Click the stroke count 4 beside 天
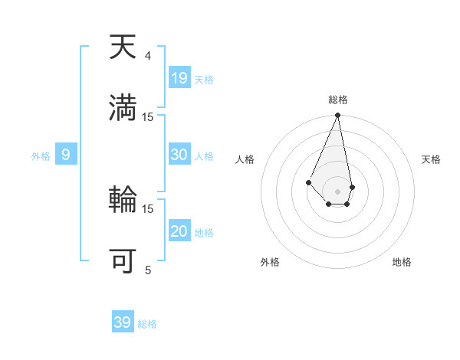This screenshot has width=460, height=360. tap(147, 56)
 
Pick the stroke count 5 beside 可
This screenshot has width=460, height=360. tap(147, 270)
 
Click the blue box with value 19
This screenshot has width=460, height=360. tap(179, 78)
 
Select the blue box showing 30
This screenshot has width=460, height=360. tap(179, 155)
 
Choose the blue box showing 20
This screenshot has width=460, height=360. tap(179, 231)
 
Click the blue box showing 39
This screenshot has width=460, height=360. tap(123, 322)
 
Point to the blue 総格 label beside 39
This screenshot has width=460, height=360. tap(148, 324)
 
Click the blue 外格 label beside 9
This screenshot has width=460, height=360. tap(41, 156)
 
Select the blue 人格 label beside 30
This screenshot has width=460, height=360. tap(205, 156)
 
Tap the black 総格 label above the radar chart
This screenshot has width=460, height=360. tap(338, 100)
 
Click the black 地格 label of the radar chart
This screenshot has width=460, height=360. tap(402, 262)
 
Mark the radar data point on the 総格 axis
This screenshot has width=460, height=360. tap(337, 116)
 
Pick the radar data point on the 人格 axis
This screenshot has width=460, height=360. tap(308, 182)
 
